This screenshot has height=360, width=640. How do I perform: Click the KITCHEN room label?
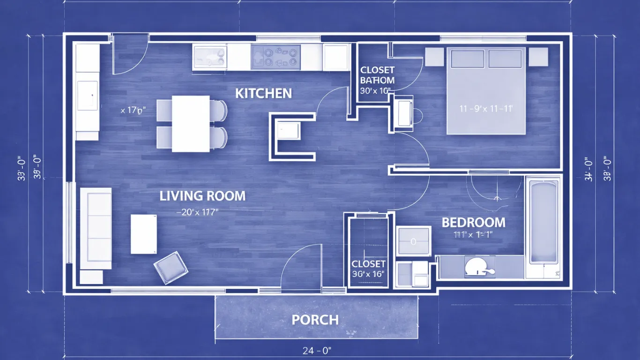tap(263, 93)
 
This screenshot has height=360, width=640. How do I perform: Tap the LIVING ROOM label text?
tap(202, 196)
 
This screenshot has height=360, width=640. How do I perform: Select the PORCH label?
tap(315, 320)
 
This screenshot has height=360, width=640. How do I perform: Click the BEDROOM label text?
tap(474, 222)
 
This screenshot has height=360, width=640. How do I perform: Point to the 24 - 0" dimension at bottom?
tap(317, 350)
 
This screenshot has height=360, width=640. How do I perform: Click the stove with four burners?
tap(275, 57)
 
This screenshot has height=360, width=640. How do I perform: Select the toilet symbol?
tap(478, 268)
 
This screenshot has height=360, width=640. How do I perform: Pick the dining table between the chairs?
tap(191, 124)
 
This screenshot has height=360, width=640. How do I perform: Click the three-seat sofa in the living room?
tap(96, 228)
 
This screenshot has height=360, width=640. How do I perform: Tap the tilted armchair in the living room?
tap(171, 268)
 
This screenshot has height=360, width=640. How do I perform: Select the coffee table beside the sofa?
tap(143, 234)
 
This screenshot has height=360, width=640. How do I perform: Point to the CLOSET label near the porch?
tap(368, 264)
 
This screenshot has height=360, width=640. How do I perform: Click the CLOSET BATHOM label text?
tap(377, 75)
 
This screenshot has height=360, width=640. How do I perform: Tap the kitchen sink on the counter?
tap(210, 57)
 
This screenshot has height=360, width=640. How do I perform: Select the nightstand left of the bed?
tap(434, 57)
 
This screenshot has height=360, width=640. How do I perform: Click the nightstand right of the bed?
tap(538, 57)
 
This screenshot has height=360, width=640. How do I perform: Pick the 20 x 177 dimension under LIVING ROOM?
tap(198, 212)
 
